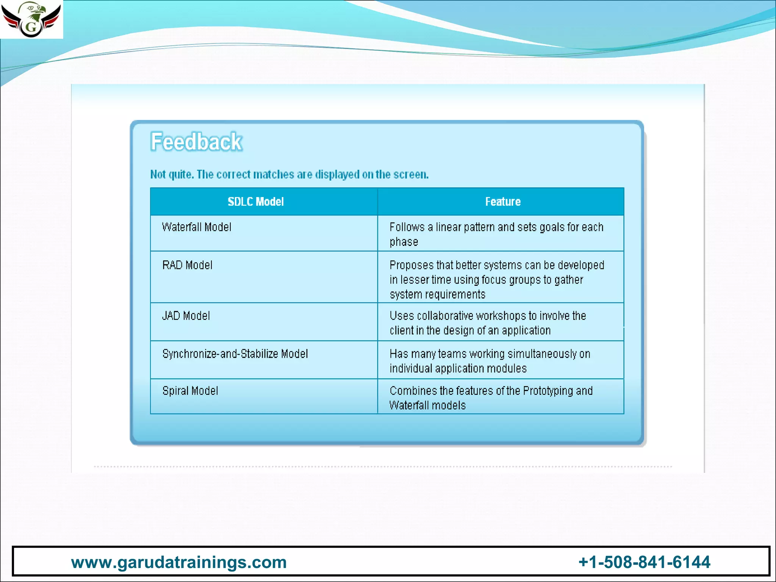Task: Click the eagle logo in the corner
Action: pyautogui.click(x=31, y=19)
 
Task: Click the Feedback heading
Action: pyautogui.click(x=196, y=142)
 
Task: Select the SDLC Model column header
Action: pyautogui.click(x=256, y=202)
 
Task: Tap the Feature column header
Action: pyautogui.click(x=503, y=202)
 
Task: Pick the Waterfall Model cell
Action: pyautogui.click(x=197, y=227)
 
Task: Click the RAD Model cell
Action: pyautogui.click(x=187, y=265)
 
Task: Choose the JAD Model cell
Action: pyautogui.click(x=186, y=316)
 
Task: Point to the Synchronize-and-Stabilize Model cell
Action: pyautogui.click(x=235, y=354)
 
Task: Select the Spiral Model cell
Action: pyautogui.click(x=190, y=391)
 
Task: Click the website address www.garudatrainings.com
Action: pyautogui.click(x=179, y=562)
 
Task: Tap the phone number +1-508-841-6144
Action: pyautogui.click(x=644, y=562)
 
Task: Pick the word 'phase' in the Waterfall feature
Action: pyautogui.click(x=404, y=242)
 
